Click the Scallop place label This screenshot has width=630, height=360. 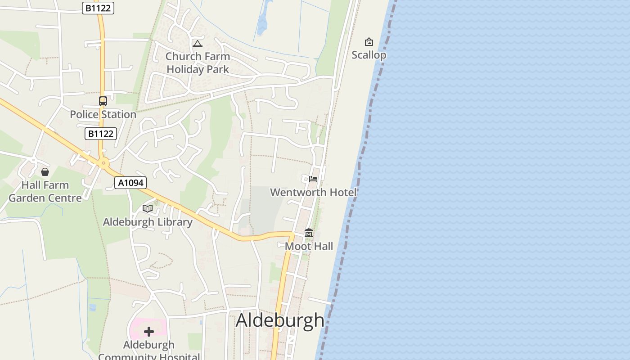click(x=369, y=55)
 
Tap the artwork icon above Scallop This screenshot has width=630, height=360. click(x=369, y=42)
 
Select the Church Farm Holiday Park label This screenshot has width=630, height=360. click(x=198, y=63)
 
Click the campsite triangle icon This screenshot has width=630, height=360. click(x=197, y=44)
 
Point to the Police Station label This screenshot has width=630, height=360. click(x=103, y=114)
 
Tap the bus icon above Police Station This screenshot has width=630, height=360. click(x=103, y=101)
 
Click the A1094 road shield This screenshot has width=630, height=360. click(x=130, y=183)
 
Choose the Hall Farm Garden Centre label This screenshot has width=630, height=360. click(x=45, y=191)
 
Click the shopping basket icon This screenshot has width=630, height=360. click(x=45, y=172)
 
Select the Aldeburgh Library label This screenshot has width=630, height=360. click(x=148, y=222)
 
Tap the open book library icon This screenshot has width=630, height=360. click(x=148, y=208)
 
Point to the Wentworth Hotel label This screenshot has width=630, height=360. click(x=313, y=192)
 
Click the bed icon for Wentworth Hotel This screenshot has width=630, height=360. click(x=313, y=179)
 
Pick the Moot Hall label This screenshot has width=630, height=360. click(x=309, y=246)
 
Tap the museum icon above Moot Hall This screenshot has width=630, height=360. click(x=309, y=233)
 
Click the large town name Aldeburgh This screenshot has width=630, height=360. click(x=280, y=320)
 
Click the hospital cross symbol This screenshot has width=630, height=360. click(x=149, y=332)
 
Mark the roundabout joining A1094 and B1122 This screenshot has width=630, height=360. click(x=104, y=163)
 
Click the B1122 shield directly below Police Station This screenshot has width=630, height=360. click(x=101, y=134)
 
